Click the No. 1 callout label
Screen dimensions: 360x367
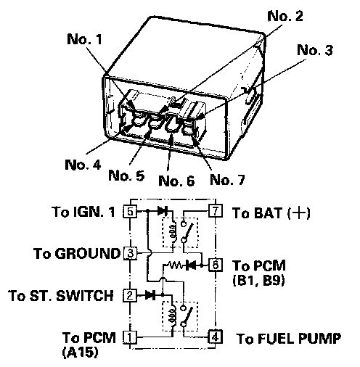pyautogui.click(x=84, y=39)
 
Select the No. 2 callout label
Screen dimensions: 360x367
pyautogui.click(x=285, y=16)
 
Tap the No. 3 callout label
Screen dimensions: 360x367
pyautogui.click(x=315, y=50)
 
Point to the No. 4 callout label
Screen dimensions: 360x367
pyautogui.click(x=83, y=165)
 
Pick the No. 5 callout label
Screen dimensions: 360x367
pyautogui.click(x=126, y=176)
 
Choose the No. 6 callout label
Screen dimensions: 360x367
pyautogui.click(x=176, y=181)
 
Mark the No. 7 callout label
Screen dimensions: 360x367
pyautogui.click(x=227, y=179)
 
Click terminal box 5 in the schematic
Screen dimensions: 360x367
pyautogui.click(x=130, y=211)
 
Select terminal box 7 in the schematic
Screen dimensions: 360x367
pyautogui.click(x=216, y=210)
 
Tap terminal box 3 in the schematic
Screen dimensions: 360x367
pyautogui.click(x=130, y=253)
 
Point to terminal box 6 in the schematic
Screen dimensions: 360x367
pyautogui.click(x=216, y=265)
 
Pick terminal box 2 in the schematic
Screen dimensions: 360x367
pyautogui.click(x=130, y=295)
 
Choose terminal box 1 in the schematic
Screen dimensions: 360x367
pyautogui.click(x=130, y=337)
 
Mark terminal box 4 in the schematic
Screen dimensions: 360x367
pyautogui.click(x=216, y=337)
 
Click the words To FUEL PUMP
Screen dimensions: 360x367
pyautogui.click(x=289, y=338)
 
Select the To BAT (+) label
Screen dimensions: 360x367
pyautogui.click(x=271, y=213)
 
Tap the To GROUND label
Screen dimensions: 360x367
pyautogui.click(x=77, y=253)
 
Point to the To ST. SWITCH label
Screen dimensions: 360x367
pyautogui.click(x=61, y=295)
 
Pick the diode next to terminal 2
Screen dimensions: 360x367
pyautogui.click(x=150, y=295)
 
